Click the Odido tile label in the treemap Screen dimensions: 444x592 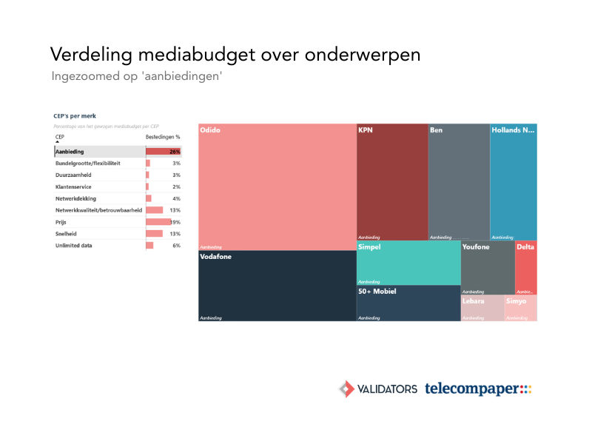pos(210,130)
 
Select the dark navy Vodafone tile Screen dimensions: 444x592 pos(277,286)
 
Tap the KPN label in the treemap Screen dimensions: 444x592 pos(366,130)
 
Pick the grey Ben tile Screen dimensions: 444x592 pos(459,182)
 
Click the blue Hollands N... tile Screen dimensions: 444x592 pos(514,182)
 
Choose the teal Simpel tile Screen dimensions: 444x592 pos(408,263)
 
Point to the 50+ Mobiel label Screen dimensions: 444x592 pos(377,292)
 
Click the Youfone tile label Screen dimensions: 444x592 pos(476,247)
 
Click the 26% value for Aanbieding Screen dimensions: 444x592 pos(175,151)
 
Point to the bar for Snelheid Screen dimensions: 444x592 pos(154,234)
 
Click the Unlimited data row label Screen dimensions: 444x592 pos(74,246)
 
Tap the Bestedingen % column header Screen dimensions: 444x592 pos(163,137)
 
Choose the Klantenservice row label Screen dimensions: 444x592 pos(75,186)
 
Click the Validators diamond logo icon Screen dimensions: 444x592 pos(346,388)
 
